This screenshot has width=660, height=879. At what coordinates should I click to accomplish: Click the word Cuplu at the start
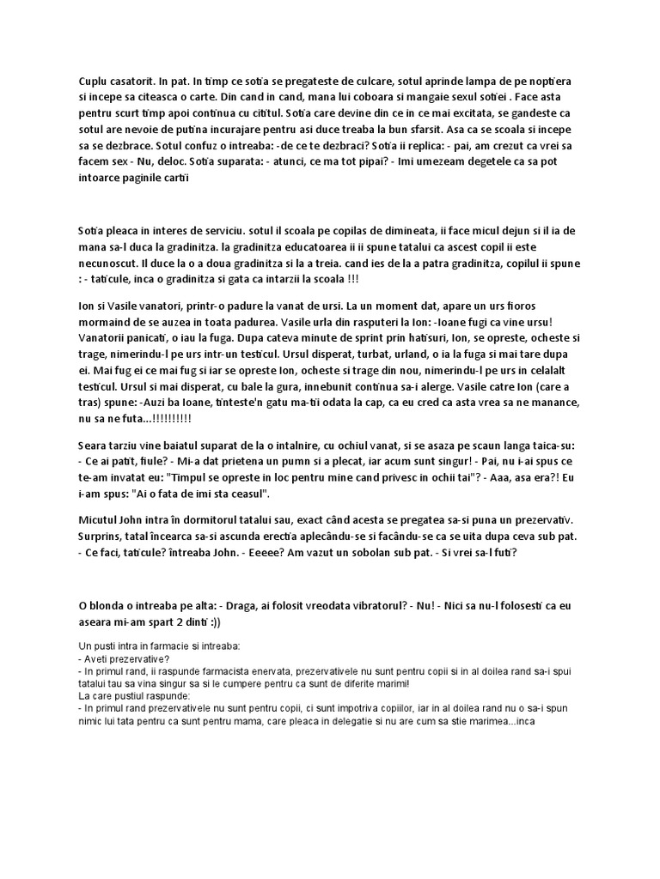coord(94,81)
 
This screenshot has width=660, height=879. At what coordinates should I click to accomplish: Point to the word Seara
coord(93,446)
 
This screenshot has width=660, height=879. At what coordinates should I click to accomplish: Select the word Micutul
coord(99,521)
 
